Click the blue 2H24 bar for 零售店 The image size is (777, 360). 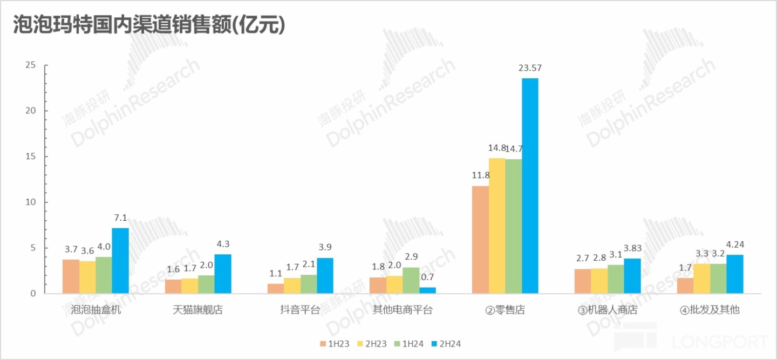click(530, 186)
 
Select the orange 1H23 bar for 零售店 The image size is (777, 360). click(480, 240)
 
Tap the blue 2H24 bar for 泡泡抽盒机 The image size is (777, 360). click(120, 261)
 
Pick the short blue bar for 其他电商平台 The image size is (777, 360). click(427, 290)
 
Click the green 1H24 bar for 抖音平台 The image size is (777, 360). click(309, 284)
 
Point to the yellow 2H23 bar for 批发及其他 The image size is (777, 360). click(702, 279)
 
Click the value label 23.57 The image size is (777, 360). click(529, 68)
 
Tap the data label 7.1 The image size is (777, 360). click(120, 218)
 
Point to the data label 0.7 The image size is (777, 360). click(427, 277)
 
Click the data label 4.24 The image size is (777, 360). click(734, 244)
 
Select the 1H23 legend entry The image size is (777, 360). click(337, 343)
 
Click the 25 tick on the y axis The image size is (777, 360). click(30, 65)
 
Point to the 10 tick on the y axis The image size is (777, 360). click(30, 202)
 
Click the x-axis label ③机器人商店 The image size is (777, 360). click(607, 310)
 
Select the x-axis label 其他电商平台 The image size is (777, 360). click(403, 310)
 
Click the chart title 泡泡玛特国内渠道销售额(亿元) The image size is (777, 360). click(148, 25)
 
